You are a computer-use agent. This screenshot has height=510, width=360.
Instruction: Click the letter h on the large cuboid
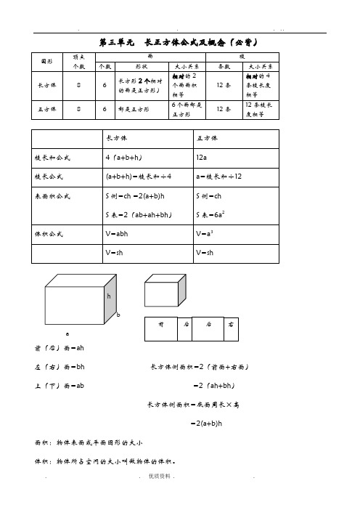pos(109,297)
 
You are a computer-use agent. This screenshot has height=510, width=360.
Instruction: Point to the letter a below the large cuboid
pos(67,333)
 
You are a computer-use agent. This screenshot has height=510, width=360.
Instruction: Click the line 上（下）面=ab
pos(60,384)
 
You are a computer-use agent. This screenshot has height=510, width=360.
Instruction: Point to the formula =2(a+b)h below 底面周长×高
pos(206,423)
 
